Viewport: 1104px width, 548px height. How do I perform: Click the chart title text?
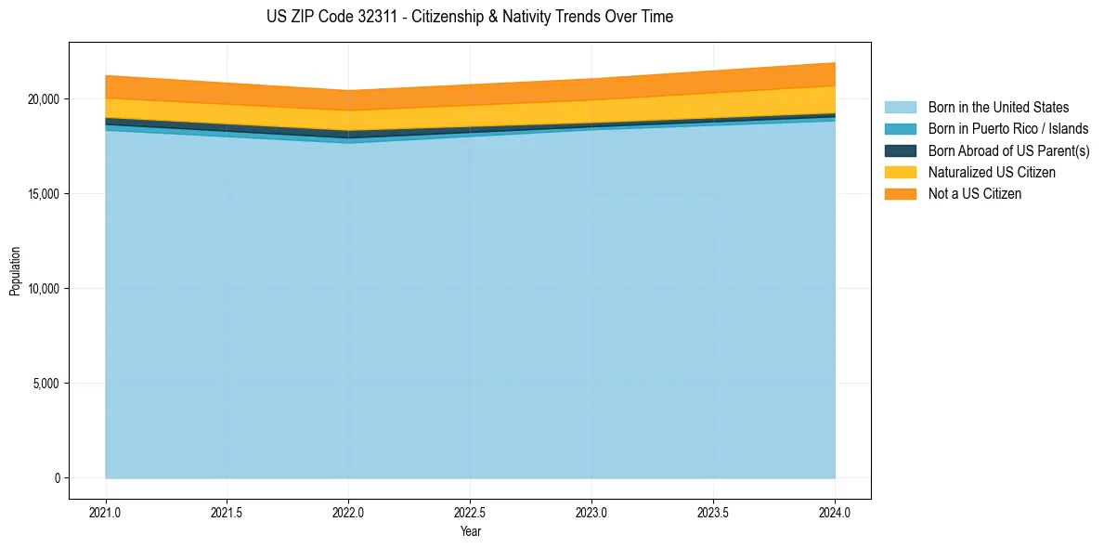[x=469, y=17]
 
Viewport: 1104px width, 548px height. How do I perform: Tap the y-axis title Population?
[x=15, y=270]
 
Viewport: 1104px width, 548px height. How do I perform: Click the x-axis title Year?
[x=470, y=531]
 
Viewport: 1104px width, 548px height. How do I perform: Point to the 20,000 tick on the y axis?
[x=44, y=99]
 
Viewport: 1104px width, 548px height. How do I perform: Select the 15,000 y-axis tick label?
[x=44, y=194]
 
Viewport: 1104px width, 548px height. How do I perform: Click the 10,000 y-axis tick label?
[x=44, y=289]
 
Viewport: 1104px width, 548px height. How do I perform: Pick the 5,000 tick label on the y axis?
[x=46, y=384]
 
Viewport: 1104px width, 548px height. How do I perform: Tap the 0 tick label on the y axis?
[x=56, y=478]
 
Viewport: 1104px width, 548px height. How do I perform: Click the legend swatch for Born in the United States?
[x=900, y=108]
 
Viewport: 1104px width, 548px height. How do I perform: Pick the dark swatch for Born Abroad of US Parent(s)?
[x=900, y=150]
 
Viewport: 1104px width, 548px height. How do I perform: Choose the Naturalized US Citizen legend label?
[x=992, y=172]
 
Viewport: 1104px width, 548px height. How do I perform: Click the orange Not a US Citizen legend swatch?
[x=900, y=193]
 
